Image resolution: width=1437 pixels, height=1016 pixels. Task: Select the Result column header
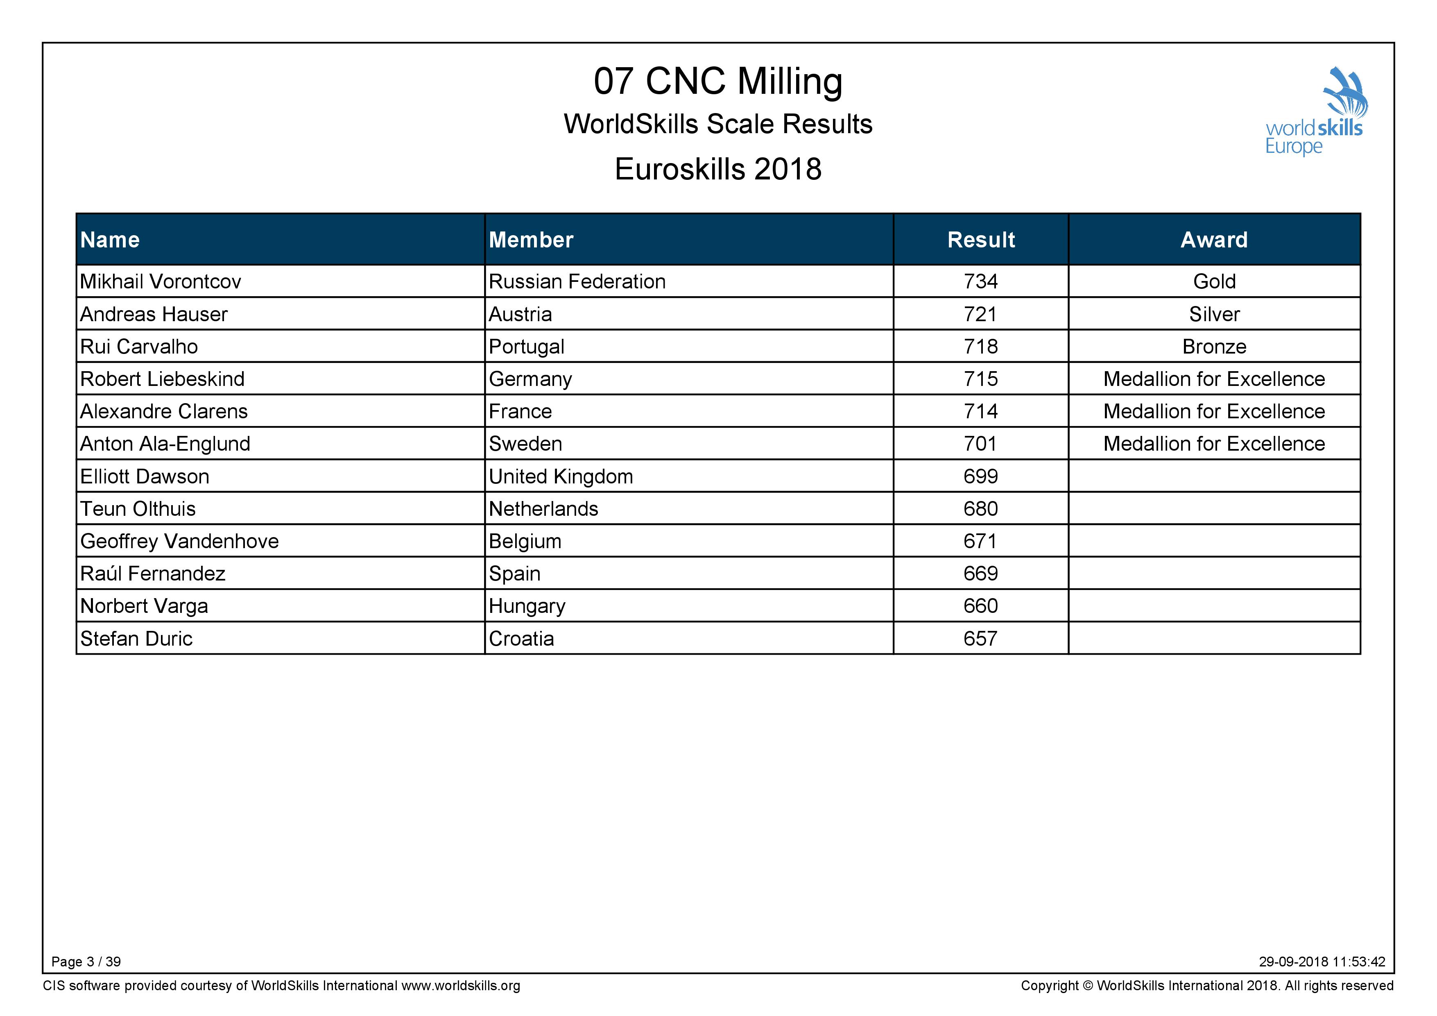981,240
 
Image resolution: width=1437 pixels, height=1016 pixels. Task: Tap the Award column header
1214,240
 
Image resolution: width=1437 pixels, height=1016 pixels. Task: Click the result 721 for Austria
981,314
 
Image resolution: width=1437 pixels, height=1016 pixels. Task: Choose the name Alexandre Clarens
164,411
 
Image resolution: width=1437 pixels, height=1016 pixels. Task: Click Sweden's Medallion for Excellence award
1214,444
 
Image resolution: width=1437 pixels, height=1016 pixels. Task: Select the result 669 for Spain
981,574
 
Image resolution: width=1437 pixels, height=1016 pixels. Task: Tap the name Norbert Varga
144,606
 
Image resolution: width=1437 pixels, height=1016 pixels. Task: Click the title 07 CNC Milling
718,82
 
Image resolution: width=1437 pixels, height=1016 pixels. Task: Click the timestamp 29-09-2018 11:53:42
1322,962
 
